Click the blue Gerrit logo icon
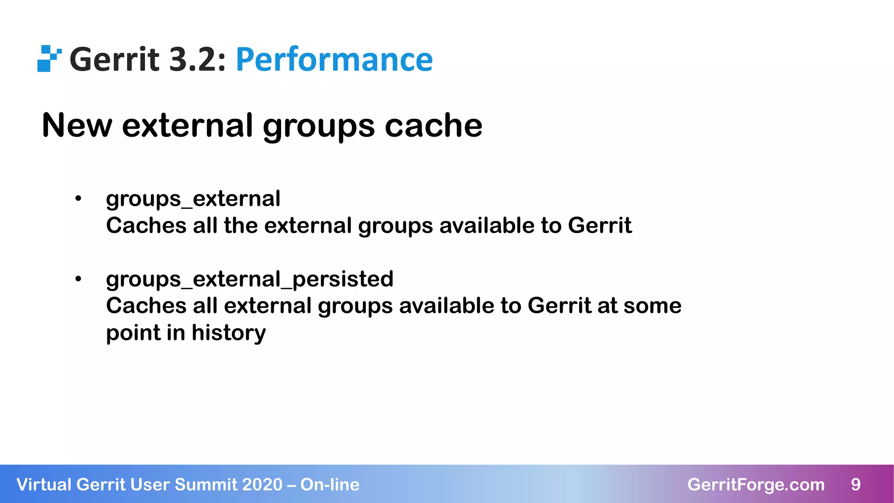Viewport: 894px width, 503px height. coord(49,59)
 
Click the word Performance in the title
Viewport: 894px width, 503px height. coord(334,59)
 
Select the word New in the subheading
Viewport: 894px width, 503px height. coord(77,125)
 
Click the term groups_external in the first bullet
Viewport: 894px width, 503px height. coord(193,199)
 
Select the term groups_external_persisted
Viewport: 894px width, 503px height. coord(250,279)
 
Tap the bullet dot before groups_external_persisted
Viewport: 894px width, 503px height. coord(78,279)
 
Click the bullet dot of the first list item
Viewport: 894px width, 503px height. coord(78,199)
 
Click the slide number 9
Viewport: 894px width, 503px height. coord(856,485)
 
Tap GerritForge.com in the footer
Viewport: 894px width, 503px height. coord(756,485)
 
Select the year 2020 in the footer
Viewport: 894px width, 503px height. coord(262,485)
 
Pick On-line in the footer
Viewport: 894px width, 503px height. coord(330,485)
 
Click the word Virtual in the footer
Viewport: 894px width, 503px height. coord(44,485)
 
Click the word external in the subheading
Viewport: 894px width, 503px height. coord(187,125)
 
